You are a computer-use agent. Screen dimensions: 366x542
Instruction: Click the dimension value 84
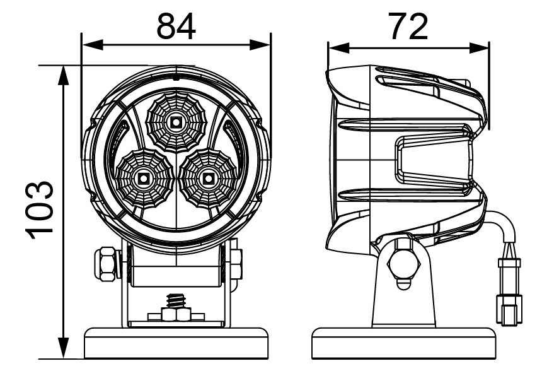tap(176, 27)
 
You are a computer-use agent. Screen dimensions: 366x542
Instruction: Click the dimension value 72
tap(408, 27)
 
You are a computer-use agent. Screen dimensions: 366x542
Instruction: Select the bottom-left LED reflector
tap(143, 178)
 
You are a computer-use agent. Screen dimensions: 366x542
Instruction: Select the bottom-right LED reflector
tap(207, 178)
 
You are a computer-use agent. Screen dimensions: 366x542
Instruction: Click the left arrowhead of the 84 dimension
tap(88, 44)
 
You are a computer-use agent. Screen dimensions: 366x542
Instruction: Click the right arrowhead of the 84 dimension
tap(265, 44)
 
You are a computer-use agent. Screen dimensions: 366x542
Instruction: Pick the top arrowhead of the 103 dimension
tap(63, 72)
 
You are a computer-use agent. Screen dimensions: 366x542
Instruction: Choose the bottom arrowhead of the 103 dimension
tap(63, 351)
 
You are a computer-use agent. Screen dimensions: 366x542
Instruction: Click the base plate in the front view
tap(176, 342)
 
